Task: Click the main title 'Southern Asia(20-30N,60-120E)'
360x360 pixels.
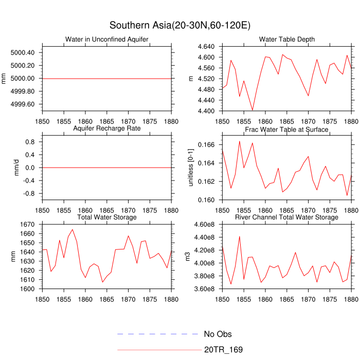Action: point(180,25)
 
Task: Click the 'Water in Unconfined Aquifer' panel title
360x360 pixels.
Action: point(106,40)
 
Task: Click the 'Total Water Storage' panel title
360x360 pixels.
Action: point(106,218)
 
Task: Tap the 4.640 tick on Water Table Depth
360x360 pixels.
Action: point(209,46)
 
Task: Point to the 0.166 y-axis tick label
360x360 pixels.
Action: point(209,146)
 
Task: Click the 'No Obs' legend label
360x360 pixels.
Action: point(218,334)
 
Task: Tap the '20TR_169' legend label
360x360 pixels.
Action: point(223,350)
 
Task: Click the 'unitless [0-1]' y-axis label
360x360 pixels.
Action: point(192,167)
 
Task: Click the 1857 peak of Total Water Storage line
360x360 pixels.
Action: point(73,229)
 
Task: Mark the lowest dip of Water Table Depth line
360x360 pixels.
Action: point(253,110)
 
